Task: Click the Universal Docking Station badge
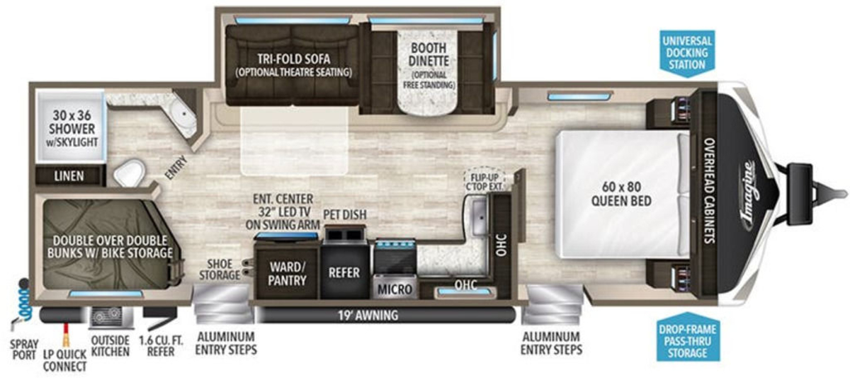point(687,53)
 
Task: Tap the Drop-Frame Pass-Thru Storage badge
point(687,337)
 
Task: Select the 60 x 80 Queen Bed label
point(621,194)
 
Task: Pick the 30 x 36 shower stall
point(71,127)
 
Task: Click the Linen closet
point(69,176)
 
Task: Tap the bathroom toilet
point(130,173)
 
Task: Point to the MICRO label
point(395,289)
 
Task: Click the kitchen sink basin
point(480,216)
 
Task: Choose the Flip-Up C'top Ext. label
point(484,182)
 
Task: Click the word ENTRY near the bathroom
point(176,167)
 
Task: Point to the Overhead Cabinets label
point(709,190)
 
